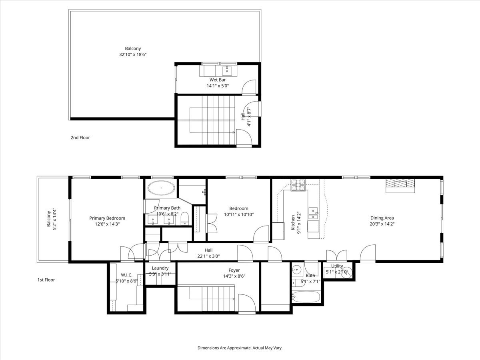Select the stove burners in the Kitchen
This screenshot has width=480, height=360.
coord(298,184)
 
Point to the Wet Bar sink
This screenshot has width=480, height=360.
coord(227,71)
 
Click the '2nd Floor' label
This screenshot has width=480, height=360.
coord(80,138)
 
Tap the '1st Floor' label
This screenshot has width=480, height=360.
coord(46,280)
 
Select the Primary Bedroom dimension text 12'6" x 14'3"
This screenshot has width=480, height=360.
coord(107,224)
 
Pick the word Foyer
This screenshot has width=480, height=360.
coord(234,270)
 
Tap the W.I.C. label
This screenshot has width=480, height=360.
coord(126,275)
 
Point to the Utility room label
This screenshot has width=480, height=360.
coord(337,266)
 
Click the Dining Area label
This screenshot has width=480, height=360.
coord(382,218)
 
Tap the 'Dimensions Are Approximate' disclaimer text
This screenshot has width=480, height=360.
coord(240,348)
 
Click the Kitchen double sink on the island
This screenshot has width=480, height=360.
coord(313,214)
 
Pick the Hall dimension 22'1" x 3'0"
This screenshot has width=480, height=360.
coord(208,256)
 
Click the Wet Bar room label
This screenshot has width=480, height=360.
coord(218,80)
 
